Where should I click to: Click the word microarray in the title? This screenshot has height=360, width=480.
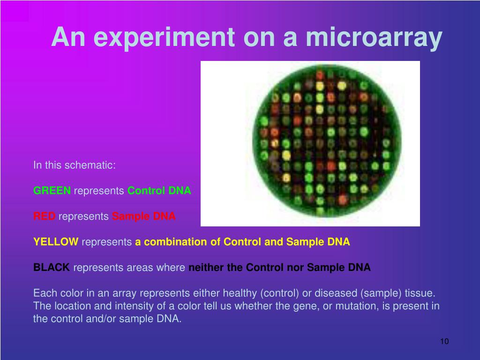coord(374,37)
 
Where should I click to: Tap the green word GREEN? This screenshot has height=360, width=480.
coord(52,190)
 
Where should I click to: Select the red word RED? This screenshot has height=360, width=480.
coord(45,216)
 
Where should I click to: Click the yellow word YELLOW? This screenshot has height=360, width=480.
coord(56,241)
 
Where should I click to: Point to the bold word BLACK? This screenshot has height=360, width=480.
coord(52,267)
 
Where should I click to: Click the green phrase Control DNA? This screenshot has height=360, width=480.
coord(159,190)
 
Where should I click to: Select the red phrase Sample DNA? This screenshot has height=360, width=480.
coord(144,216)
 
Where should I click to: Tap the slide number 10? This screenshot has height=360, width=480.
coord(444,341)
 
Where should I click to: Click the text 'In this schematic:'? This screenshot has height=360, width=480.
coord(75,165)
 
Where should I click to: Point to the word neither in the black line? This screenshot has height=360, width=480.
coord(206,267)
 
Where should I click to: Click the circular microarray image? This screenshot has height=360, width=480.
coord(327,142)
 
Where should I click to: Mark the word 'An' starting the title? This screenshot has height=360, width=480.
coord(68,37)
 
